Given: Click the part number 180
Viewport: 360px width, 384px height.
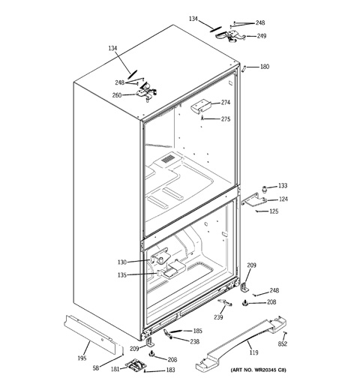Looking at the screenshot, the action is tap(265, 67).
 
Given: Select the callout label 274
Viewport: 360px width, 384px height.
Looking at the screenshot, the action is tap(226, 103).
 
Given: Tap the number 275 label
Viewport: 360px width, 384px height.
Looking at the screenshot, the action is tap(226, 119).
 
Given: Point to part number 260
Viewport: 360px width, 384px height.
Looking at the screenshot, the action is tap(117, 95).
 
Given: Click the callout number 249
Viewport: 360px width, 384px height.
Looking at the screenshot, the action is tap(262, 36).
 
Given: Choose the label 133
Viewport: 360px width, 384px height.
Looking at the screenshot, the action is tap(283, 186).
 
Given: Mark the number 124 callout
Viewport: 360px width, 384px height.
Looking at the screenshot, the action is tap(283, 199).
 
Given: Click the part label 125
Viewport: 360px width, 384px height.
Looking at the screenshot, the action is tap(274, 211).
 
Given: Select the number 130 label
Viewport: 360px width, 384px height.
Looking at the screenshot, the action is tap(122, 262).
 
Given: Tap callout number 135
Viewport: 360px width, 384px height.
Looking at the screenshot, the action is tap(122, 275).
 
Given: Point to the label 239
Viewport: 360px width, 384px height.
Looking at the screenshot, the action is tap(218, 317).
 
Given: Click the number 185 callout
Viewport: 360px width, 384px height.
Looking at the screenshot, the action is tap(197, 331).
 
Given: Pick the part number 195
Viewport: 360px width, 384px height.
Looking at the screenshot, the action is tap(82, 358).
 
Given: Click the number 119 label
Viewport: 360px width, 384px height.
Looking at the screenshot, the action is tap(253, 352).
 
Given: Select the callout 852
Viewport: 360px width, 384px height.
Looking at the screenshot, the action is tap(283, 344).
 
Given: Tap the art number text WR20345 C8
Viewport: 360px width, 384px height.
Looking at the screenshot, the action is tap(268, 370).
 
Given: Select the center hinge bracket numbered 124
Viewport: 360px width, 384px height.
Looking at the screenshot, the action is tap(253, 200).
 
